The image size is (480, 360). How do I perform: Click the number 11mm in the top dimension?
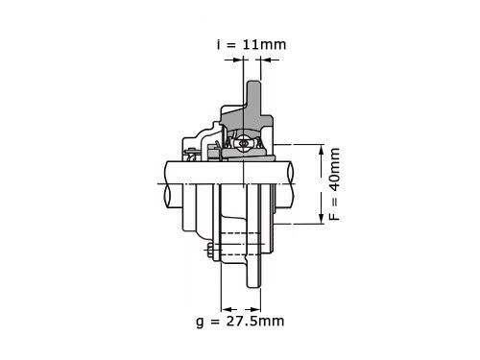[264, 44]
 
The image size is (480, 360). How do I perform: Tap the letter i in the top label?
[219, 44]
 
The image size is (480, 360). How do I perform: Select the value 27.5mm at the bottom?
[255, 321]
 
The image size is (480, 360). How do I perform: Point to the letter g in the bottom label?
[200, 323]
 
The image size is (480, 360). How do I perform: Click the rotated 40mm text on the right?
[335, 169]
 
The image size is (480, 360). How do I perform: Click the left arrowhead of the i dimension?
[238, 60]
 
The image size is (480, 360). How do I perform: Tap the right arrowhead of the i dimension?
[266, 60]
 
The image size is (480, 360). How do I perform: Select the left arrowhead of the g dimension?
[227, 309]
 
